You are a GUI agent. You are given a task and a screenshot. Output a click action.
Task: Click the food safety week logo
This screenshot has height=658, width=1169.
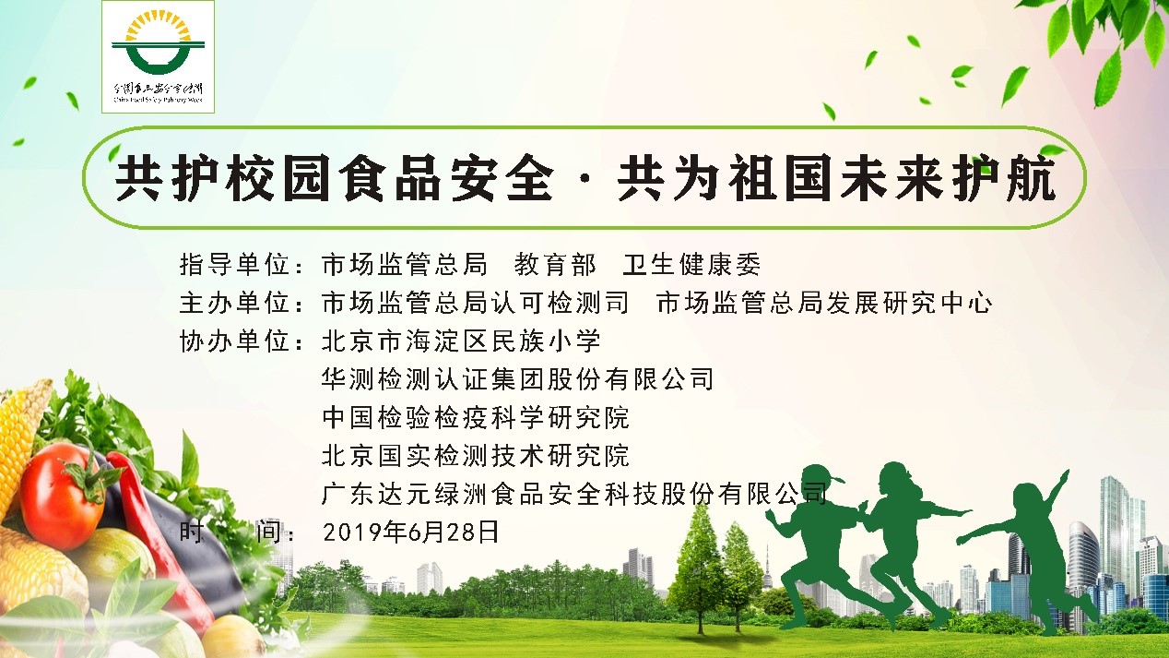pyautogui.click(x=159, y=57)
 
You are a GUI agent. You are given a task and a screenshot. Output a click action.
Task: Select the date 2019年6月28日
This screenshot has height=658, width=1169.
pyautogui.click(x=410, y=532)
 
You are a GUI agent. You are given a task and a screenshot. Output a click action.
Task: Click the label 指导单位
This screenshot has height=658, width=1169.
pyautogui.click(x=234, y=264)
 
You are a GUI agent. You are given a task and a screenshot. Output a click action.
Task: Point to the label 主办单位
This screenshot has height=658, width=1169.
pyautogui.click(x=234, y=303)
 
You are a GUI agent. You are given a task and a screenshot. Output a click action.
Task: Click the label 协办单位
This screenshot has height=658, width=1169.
pyautogui.click(x=234, y=341)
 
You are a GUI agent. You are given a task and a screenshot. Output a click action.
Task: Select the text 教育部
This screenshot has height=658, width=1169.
pyautogui.click(x=555, y=264)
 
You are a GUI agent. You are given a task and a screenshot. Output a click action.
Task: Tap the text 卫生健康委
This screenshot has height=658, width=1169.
pyautogui.click(x=691, y=264)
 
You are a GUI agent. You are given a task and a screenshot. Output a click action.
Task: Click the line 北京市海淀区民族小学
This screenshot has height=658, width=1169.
pyautogui.click(x=461, y=341)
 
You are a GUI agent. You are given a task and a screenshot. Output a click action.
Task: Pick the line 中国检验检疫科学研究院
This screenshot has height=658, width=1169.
pyautogui.click(x=476, y=418)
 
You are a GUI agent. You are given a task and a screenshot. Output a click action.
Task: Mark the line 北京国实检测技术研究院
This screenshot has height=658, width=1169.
pyautogui.click(x=476, y=455)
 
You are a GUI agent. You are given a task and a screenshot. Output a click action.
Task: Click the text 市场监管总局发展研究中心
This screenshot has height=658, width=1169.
pyautogui.click(x=824, y=303)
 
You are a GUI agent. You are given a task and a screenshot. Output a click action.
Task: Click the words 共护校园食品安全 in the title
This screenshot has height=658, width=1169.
pyautogui.click(x=334, y=177)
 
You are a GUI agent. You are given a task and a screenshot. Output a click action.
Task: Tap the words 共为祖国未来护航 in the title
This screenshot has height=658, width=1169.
pyautogui.click(x=837, y=177)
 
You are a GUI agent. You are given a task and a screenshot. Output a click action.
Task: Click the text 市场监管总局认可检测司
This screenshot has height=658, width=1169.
pyautogui.click(x=476, y=303)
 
